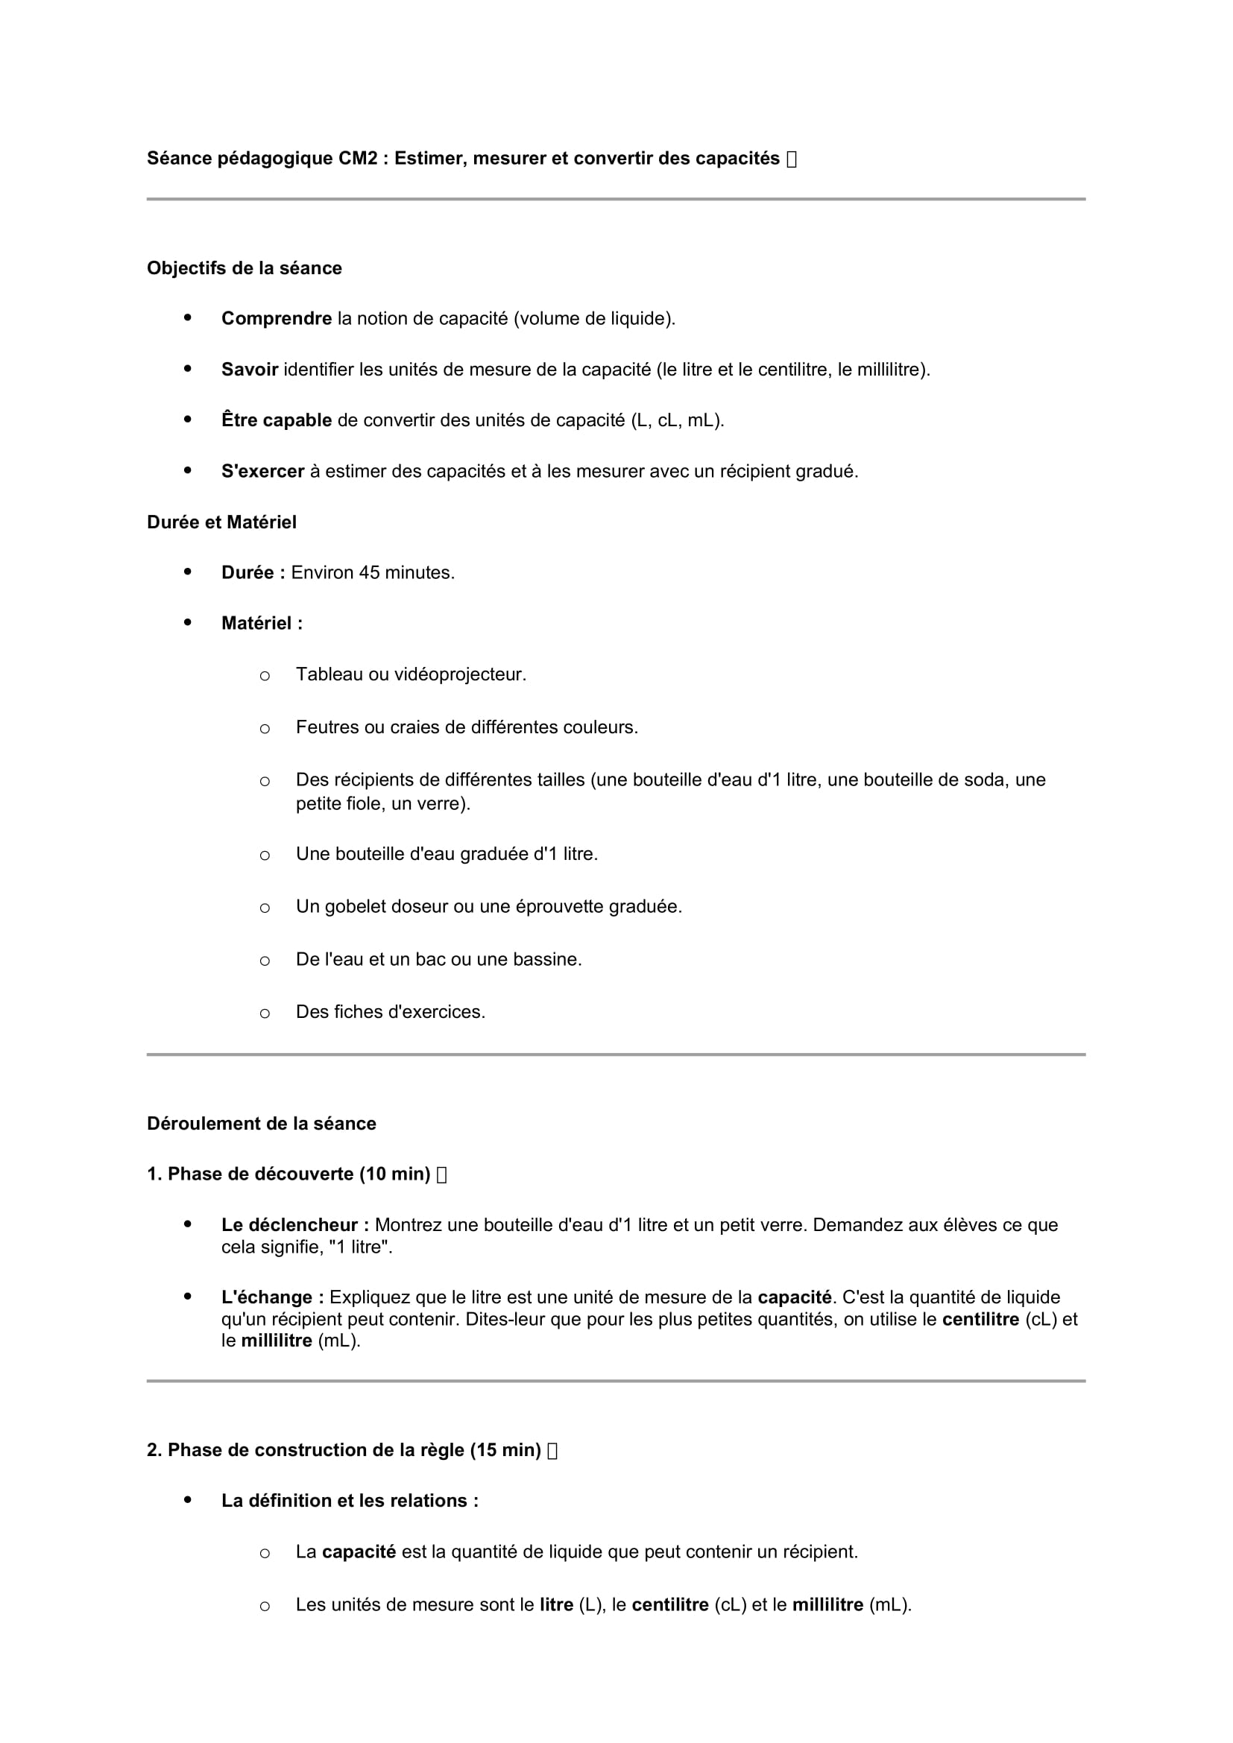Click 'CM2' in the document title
tap(358, 159)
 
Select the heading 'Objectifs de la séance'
tap(244, 268)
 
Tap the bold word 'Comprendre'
tap(277, 319)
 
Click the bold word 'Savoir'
tap(250, 370)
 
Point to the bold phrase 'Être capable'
tap(277, 420)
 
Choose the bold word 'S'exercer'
tap(262, 472)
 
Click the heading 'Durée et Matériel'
tap(221, 522)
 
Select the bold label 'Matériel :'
tap(262, 623)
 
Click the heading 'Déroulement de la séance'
tap(261, 1124)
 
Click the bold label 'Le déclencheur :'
tap(295, 1225)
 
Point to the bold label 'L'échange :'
tap(273, 1297)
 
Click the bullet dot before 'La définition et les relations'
tap(188, 1501)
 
